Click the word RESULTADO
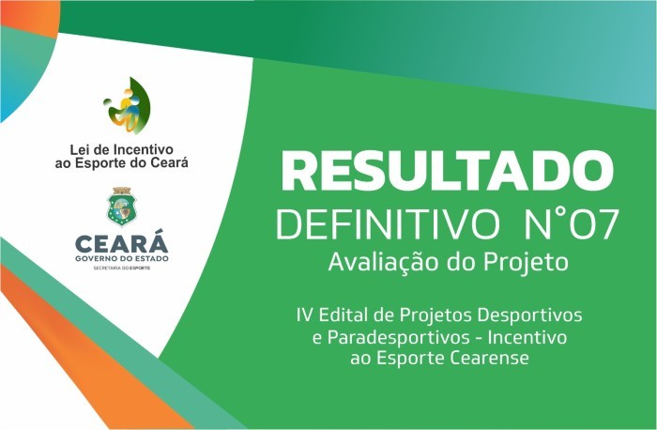click(x=449, y=172)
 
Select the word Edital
click(x=343, y=311)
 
